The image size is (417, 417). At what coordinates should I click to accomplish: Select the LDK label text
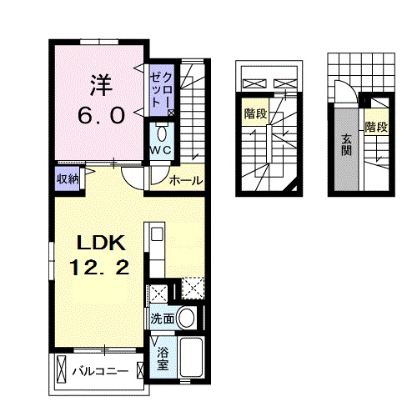(x=101, y=244)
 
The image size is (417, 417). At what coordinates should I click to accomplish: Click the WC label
(x=161, y=149)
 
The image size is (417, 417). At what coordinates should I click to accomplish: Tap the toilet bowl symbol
(x=163, y=133)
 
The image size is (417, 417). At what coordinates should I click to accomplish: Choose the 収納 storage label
(x=68, y=178)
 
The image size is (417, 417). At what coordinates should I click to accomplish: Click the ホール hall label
(x=186, y=181)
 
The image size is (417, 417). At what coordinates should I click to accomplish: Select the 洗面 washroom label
(x=163, y=319)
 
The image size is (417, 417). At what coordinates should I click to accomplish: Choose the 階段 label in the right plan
(x=376, y=128)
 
